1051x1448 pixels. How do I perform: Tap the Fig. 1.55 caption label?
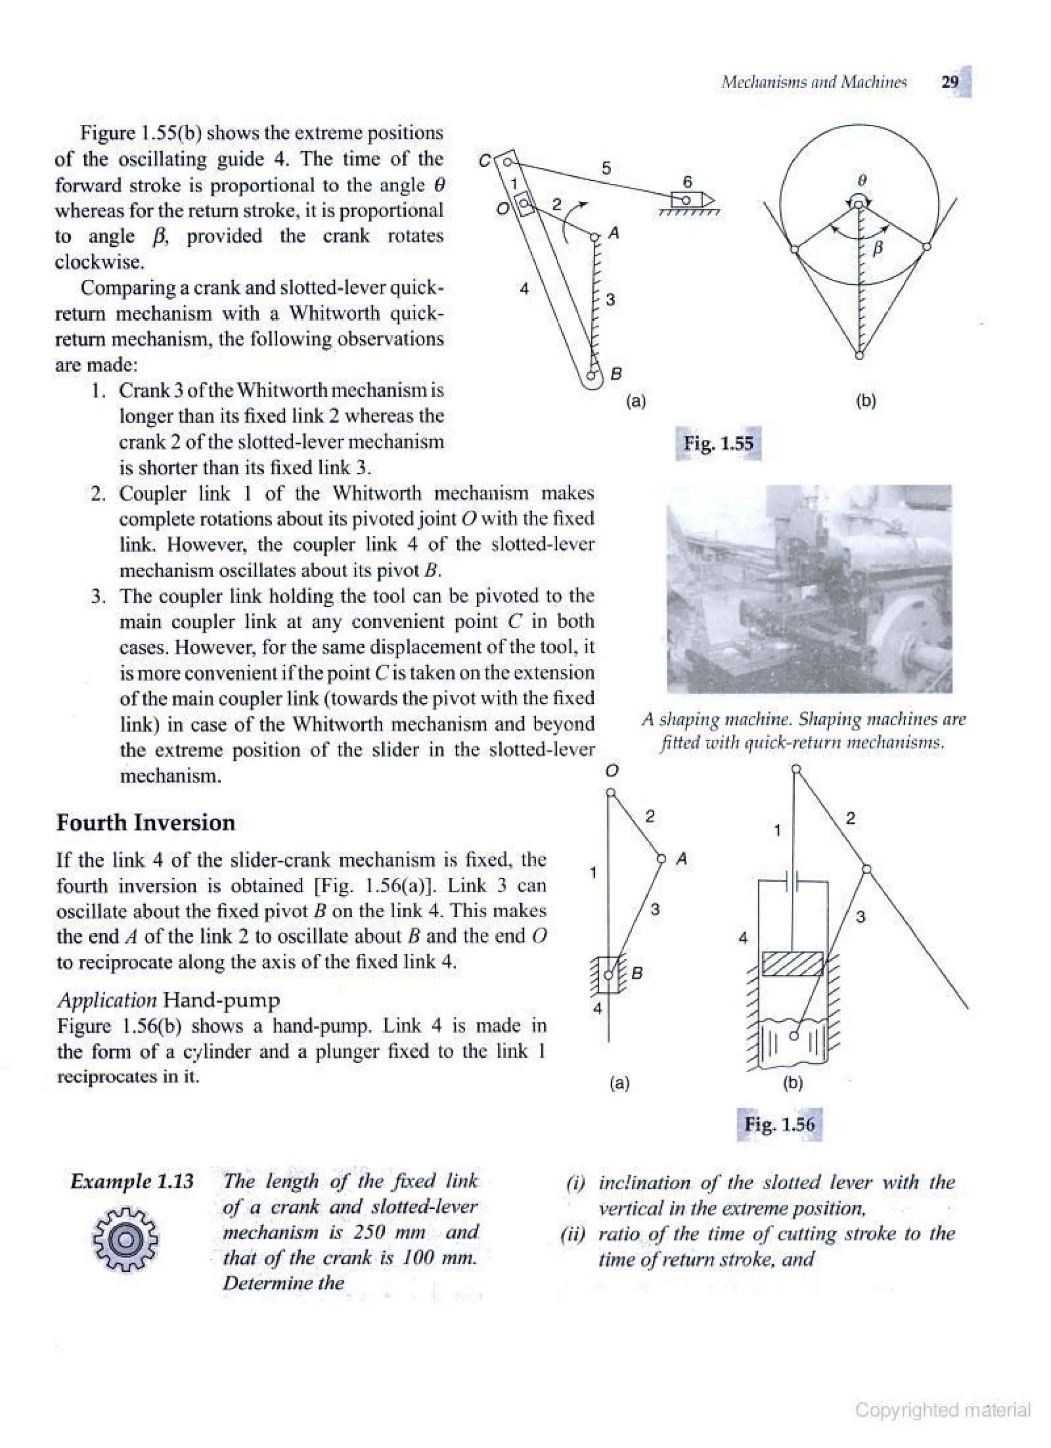[x=718, y=443]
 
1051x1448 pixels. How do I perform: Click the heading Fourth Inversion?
[x=146, y=822]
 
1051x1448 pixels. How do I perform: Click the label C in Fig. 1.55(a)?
[x=485, y=161]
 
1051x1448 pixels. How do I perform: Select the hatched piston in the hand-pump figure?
[x=792, y=964]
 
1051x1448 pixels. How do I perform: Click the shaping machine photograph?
[x=809, y=589]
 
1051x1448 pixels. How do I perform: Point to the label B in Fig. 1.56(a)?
[x=636, y=973]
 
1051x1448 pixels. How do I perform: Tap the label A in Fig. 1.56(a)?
[x=682, y=859]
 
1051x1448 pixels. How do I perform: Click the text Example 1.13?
[x=132, y=1181]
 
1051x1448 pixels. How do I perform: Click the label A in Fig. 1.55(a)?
[x=614, y=233]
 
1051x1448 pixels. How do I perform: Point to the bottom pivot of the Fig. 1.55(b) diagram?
[x=859, y=355]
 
